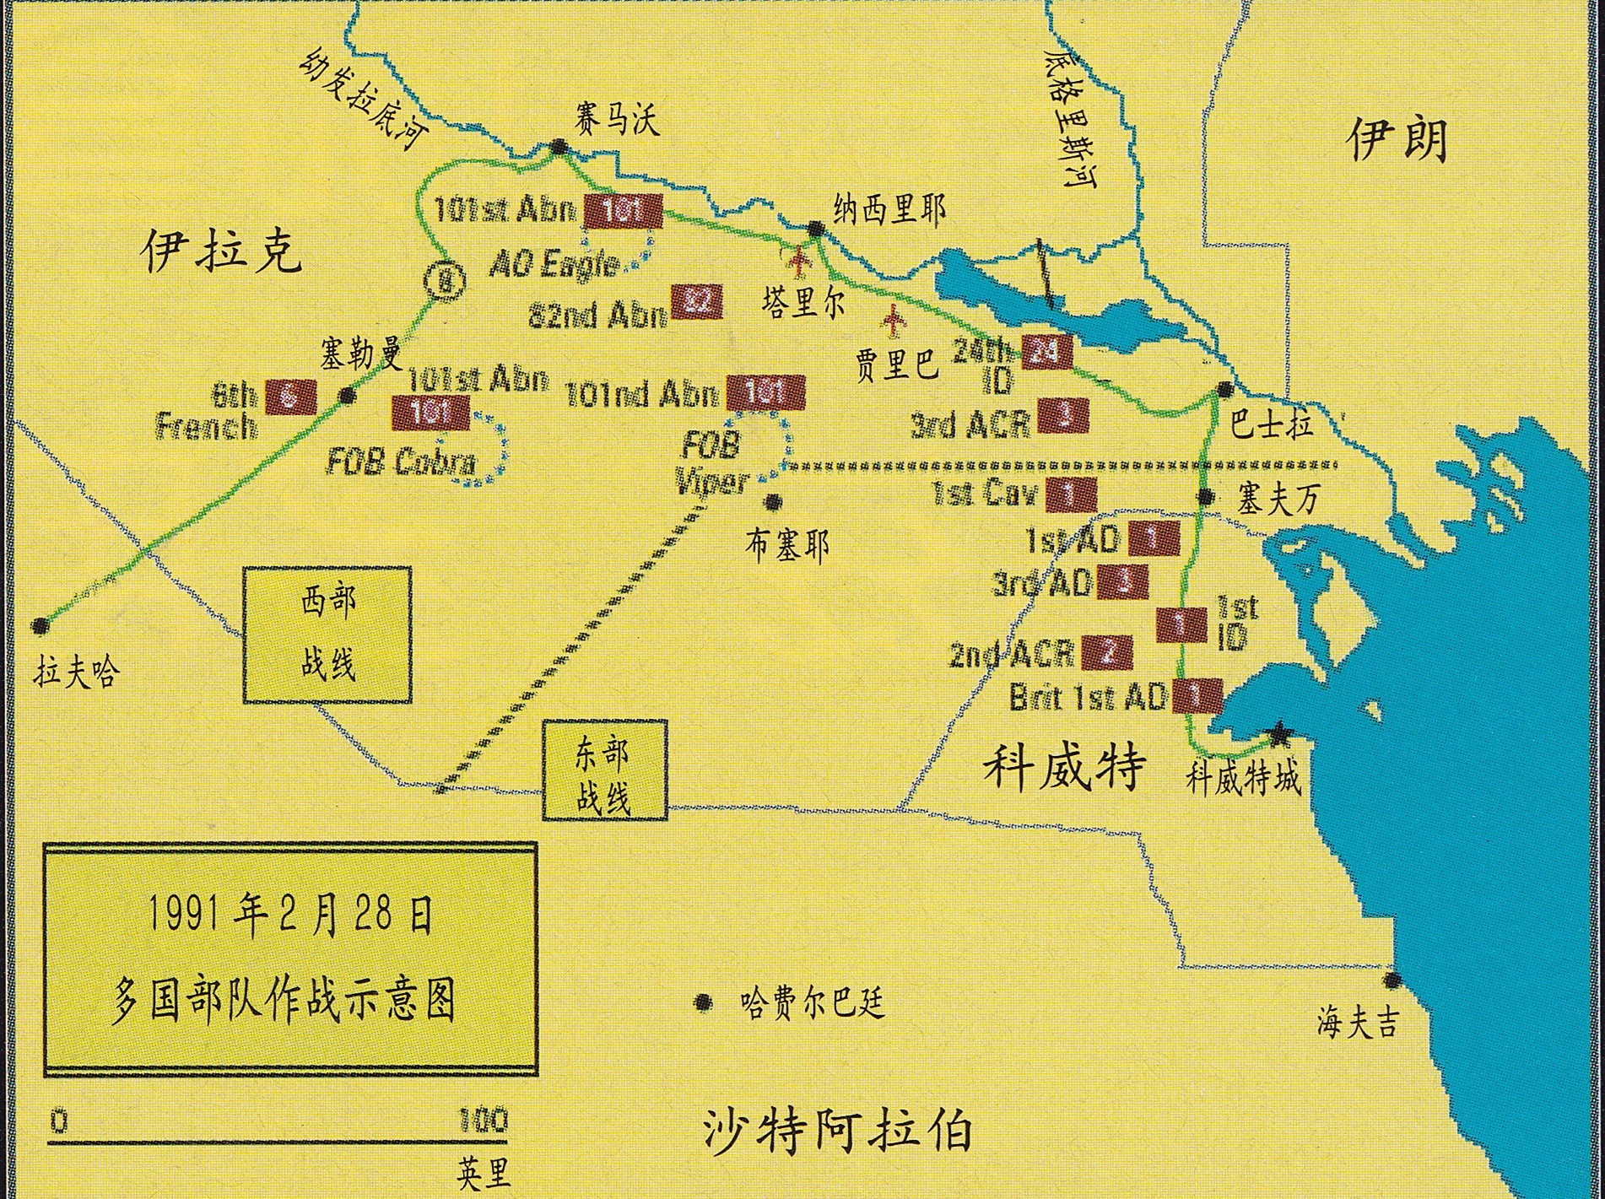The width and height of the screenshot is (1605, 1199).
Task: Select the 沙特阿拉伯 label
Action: [837, 1131]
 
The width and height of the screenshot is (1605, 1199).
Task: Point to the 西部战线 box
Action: [327, 635]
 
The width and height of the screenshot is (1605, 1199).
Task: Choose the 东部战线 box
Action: [604, 770]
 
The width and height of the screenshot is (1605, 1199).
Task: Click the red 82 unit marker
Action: [697, 302]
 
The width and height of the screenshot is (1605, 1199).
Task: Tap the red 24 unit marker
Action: [1046, 352]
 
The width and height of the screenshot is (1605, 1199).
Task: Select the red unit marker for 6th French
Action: [291, 397]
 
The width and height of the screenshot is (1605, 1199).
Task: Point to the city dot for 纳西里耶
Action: [815, 228]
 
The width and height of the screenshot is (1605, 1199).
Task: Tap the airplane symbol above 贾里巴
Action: [893, 320]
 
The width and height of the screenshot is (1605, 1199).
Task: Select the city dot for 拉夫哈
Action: [40, 626]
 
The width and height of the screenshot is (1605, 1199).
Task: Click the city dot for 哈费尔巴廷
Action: [701, 1002]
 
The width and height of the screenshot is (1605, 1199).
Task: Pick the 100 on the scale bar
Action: [483, 1121]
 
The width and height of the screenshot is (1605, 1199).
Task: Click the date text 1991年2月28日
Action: [290, 915]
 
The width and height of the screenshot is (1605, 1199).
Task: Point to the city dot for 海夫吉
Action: [1391, 980]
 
